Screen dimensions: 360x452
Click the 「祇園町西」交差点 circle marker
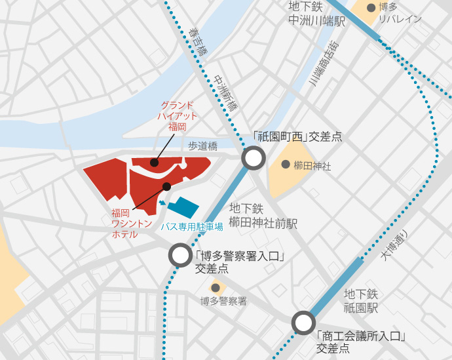click(254, 158)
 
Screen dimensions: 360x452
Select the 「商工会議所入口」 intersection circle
click(303, 323)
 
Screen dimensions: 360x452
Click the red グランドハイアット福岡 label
click(177, 115)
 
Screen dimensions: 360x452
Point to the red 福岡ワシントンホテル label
click(124, 223)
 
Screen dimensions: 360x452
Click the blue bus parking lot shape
click(183, 208)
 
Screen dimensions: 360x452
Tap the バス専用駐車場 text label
click(192, 227)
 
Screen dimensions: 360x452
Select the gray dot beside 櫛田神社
click(286, 164)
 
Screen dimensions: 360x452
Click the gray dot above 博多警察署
click(215, 287)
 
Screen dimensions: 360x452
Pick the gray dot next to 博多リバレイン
click(371, 8)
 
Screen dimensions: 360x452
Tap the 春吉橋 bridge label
click(197, 41)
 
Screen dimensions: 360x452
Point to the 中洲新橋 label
click(227, 92)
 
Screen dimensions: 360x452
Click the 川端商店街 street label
click(324, 62)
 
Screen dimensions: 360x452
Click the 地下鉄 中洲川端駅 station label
click(316, 14)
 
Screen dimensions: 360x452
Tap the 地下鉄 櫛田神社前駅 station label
click(263, 216)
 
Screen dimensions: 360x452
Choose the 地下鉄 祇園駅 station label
click(361, 300)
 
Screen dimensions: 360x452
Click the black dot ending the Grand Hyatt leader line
click(154, 162)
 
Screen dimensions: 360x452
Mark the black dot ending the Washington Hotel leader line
click(166, 186)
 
